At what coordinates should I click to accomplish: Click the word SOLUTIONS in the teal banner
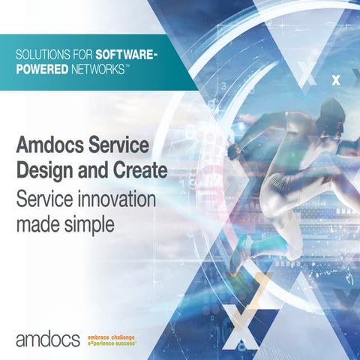42,55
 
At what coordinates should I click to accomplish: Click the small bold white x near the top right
335,77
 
